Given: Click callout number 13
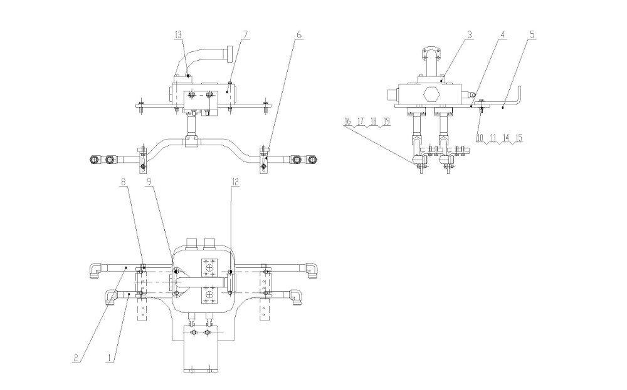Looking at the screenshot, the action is (178, 35).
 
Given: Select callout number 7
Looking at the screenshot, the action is (245, 34).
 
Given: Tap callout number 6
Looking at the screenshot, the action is (298, 34).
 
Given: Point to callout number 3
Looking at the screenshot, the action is (470, 34).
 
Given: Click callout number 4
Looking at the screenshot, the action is (503, 34).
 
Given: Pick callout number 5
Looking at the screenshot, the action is (532, 34).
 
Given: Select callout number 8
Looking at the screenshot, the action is (124, 182).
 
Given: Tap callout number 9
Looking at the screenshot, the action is (149, 182).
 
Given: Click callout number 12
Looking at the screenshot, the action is (235, 182).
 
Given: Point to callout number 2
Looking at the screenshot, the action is (76, 357).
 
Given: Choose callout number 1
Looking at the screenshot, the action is (108, 357).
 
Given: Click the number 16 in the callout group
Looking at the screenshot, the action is (347, 121).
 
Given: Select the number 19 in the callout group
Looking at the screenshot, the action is (386, 121).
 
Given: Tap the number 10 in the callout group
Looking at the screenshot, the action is (480, 138).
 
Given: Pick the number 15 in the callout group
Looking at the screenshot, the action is (519, 138).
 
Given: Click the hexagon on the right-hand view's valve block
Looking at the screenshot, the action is (431, 95).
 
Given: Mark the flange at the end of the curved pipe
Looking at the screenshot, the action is (229, 54).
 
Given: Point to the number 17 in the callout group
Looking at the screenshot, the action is (361, 121).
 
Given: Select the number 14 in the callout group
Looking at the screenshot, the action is (506, 138).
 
